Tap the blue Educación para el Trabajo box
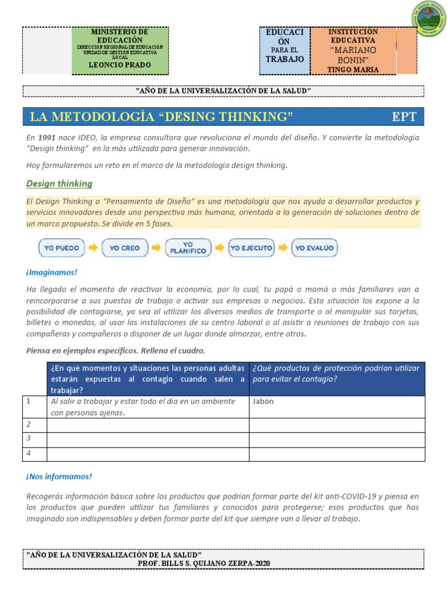[x=285, y=51]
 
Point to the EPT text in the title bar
[x=404, y=116]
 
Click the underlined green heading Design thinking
[x=59, y=184]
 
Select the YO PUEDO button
[x=61, y=248]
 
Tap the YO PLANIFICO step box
[x=187, y=248]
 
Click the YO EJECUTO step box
[x=251, y=248]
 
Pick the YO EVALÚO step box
[x=314, y=248]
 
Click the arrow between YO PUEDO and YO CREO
[x=93, y=248]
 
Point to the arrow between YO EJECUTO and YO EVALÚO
[x=283, y=248]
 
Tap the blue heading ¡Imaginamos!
[x=51, y=272]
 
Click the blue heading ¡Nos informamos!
[x=59, y=477]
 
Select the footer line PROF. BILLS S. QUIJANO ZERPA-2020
[x=204, y=563]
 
